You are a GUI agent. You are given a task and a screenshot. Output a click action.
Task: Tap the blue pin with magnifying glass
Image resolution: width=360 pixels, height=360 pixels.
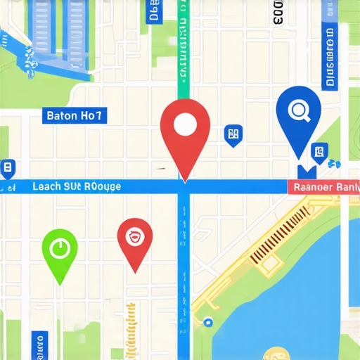click(299, 116)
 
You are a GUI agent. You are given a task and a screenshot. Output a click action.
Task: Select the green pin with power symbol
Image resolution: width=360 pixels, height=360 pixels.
click(60, 250)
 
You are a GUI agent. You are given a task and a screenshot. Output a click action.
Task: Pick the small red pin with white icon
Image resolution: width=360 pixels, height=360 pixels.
click(134, 239)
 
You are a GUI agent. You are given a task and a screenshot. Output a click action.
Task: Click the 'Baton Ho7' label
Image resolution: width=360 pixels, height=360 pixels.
click(75, 116)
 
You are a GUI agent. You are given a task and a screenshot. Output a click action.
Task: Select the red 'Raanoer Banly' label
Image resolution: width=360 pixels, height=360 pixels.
click(323, 187)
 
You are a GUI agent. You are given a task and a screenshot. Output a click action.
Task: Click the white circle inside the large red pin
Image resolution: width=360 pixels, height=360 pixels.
click(184, 125)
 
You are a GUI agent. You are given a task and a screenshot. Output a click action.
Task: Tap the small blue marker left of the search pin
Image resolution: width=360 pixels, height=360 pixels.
click(233, 134)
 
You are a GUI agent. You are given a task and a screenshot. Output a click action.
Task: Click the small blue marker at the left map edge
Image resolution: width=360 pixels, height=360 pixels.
click(8, 168)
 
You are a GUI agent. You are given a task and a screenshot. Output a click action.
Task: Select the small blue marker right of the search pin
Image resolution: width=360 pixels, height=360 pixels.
click(319, 150)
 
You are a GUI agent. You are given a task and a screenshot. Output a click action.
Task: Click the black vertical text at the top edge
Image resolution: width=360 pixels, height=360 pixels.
click(278, 12)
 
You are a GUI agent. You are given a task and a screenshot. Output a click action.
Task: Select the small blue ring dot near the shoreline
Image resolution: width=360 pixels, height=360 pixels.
click(207, 322)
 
